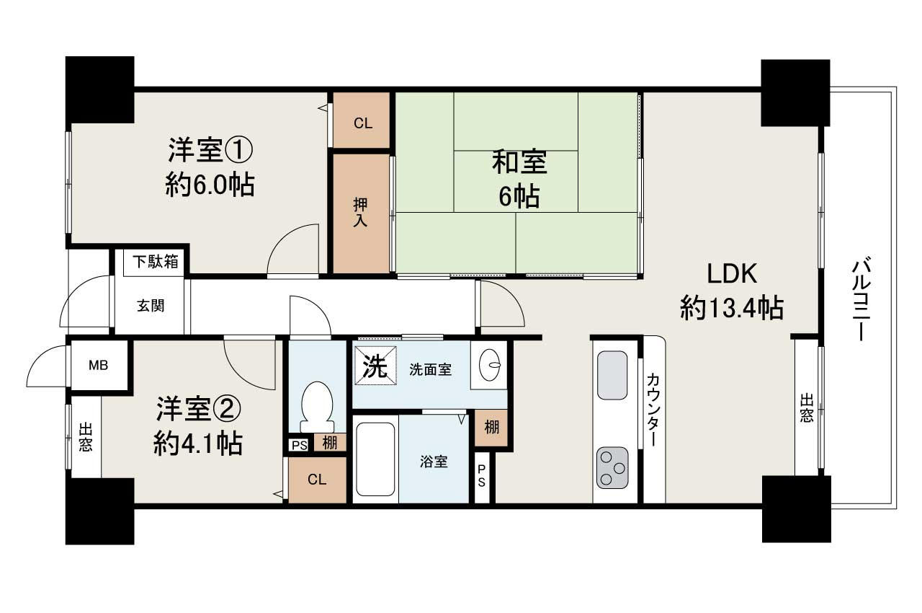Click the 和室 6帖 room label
pos(519,179)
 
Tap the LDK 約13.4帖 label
pos(731,291)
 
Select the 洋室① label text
pos(210,151)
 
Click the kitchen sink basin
pos(612,375)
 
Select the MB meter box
pos(98,366)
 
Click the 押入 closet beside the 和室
pos(361,213)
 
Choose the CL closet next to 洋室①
pos(362,123)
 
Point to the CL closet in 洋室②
pos(317,480)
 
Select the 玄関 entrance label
pos(151,305)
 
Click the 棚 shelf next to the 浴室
pos(491,427)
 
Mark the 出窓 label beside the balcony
pos(807,408)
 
